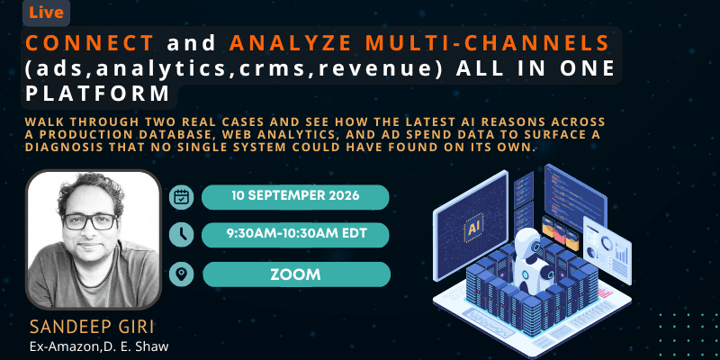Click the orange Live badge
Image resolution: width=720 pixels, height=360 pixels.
[46, 13]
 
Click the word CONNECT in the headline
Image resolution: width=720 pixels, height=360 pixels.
[89, 43]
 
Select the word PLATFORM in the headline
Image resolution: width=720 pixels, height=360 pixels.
[98, 94]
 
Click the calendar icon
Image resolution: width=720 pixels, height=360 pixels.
[181, 197]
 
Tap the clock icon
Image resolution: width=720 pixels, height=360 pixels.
[181, 235]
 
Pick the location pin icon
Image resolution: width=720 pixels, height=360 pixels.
[181, 274]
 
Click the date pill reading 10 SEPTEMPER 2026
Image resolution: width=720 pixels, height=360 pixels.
[295, 197]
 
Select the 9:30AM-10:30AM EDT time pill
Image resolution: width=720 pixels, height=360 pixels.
[295, 234]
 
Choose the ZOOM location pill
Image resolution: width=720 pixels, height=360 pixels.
[296, 274]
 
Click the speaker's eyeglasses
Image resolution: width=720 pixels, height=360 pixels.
[90, 221]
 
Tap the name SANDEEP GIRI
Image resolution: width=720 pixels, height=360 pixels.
[92, 328]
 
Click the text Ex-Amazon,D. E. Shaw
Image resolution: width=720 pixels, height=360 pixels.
[99, 346]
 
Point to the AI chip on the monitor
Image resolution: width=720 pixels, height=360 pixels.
[473, 229]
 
